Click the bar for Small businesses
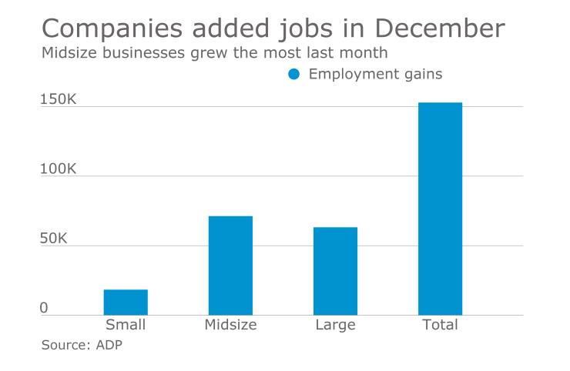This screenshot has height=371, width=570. [126, 302]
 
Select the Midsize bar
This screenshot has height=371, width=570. [230, 266]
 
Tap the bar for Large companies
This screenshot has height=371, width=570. [335, 271]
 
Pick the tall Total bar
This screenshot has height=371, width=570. [440, 209]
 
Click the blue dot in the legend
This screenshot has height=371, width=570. [293, 75]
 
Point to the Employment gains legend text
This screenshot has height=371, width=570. [375, 75]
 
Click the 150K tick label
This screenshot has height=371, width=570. [59, 100]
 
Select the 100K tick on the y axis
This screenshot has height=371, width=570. [59, 169]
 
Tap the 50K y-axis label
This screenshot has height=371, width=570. [55, 239]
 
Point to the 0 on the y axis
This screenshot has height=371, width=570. [44, 308]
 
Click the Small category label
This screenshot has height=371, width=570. [126, 325]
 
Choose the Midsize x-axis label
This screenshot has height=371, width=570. [230, 325]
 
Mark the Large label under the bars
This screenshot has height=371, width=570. [335, 325]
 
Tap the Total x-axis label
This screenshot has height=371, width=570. [440, 325]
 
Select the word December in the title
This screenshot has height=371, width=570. [440, 29]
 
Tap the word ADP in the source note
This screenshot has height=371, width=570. [109, 345]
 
